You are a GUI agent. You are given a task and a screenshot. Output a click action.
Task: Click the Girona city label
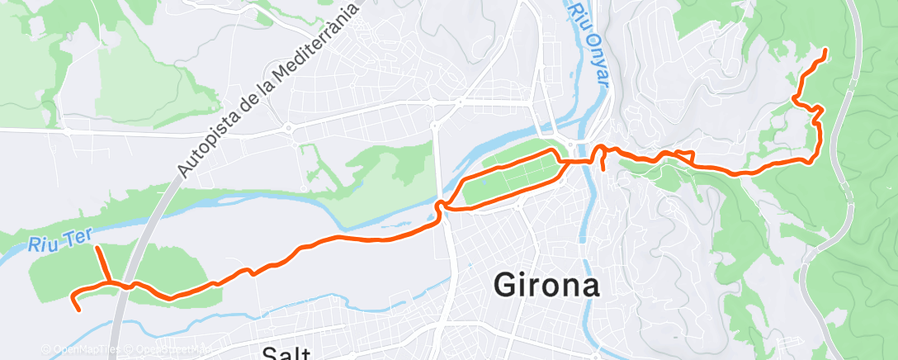pyautogui.click(x=546, y=286)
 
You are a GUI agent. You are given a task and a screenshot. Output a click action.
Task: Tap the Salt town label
pyautogui.click(x=285, y=353)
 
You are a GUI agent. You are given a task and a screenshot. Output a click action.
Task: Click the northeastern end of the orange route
pyautogui.click(x=825, y=51)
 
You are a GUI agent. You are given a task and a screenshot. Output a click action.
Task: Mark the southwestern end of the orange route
pyautogui.click(x=78, y=310)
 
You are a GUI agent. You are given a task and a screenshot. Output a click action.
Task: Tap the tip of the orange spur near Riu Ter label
pyautogui.click(x=97, y=248)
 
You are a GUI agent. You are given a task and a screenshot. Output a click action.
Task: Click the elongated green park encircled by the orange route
pyautogui.click(x=512, y=174)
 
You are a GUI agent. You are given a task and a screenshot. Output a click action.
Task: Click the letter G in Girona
pyautogui.click(x=506, y=286)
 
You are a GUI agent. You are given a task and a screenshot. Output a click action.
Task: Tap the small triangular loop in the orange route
pyautogui.click(x=683, y=154)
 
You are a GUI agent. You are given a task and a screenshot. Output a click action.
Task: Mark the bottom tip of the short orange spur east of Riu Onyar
pyautogui.click(x=603, y=170)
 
